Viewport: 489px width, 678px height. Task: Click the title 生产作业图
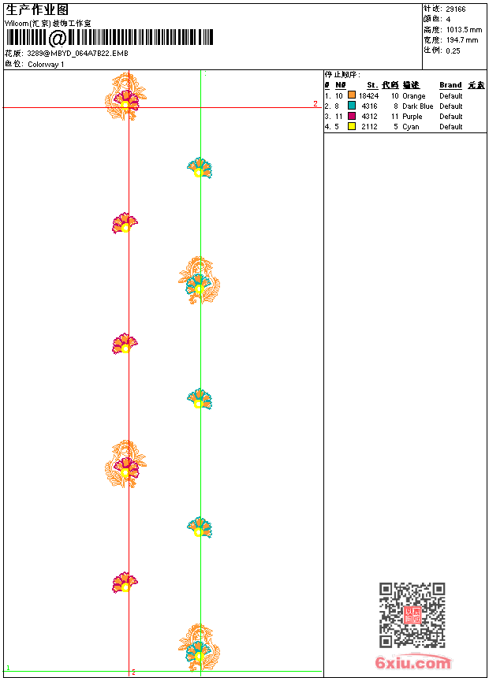click(37, 9)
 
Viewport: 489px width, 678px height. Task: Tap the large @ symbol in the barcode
click(58, 38)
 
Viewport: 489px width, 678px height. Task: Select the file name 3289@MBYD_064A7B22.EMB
click(77, 54)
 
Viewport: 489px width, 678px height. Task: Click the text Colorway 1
click(46, 64)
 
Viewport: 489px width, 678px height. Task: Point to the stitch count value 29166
click(455, 9)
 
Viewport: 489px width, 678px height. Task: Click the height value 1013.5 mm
click(463, 29)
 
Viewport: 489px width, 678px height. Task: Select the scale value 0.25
click(453, 50)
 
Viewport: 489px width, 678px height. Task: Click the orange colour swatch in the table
click(351, 95)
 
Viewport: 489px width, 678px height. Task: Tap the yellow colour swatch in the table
click(351, 126)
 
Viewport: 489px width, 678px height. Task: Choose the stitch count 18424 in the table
click(369, 96)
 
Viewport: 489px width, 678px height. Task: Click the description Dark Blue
click(417, 106)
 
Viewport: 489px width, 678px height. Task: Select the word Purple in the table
click(412, 117)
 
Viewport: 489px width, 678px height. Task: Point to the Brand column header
click(450, 85)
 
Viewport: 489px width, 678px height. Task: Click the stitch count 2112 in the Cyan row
click(369, 127)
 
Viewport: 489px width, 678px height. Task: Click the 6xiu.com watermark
click(413, 663)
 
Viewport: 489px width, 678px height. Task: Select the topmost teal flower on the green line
click(200, 168)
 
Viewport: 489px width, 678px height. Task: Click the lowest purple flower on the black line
click(125, 583)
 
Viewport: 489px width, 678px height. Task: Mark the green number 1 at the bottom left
click(8, 668)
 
